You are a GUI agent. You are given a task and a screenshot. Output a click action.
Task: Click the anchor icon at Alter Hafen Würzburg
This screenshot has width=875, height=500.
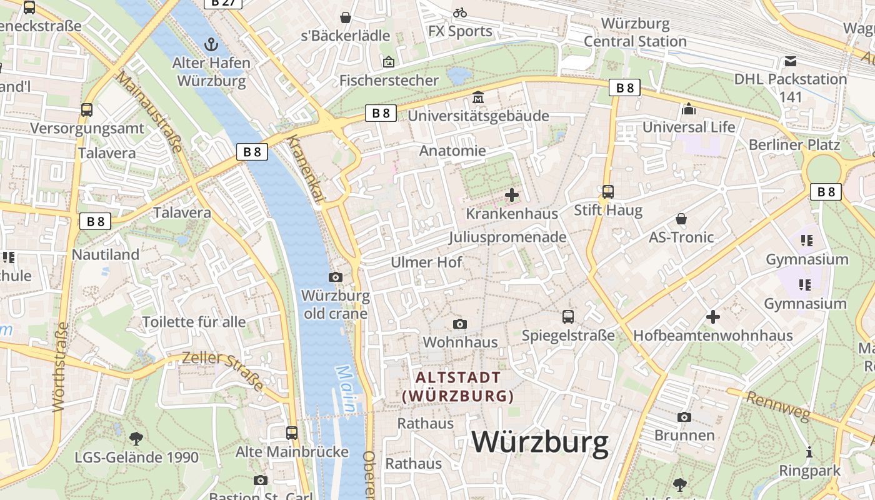click(x=211, y=44)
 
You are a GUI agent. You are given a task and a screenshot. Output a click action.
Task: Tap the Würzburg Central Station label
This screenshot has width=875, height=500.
click(x=635, y=32)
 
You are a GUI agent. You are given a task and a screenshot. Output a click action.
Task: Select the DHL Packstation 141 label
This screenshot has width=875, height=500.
click(x=790, y=87)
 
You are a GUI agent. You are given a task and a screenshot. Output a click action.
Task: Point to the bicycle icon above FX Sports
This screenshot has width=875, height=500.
click(x=460, y=12)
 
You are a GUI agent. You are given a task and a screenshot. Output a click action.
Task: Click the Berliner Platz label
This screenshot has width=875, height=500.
click(x=794, y=144)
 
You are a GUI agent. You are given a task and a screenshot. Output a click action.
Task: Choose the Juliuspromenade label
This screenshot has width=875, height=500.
click(x=507, y=237)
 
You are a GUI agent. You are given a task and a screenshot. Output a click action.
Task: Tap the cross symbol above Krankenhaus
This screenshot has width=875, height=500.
click(x=511, y=195)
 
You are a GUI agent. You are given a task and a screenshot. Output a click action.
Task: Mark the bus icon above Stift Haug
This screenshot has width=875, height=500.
click(x=607, y=192)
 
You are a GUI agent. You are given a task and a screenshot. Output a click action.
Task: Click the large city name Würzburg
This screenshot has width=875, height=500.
click(x=540, y=442)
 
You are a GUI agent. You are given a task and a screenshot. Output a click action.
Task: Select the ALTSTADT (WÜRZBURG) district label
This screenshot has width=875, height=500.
click(x=458, y=386)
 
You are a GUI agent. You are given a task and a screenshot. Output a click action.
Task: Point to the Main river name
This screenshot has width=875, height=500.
click(x=346, y=389)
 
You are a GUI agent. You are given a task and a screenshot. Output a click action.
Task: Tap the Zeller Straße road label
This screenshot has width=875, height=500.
click(x=222, y=370)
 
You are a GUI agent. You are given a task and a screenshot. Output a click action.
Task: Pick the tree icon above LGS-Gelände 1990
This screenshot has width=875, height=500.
click(x=136, y=438)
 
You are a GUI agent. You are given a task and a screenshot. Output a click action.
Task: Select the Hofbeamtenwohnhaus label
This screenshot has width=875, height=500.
click(x=712, y=336)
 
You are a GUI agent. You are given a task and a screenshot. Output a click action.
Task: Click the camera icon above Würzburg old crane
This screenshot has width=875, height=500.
click(x=336, y=277)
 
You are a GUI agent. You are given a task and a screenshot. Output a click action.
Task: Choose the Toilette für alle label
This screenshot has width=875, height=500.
click(x=194, y=322)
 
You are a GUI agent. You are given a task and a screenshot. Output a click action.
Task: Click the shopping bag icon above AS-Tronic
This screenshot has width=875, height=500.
click(x=681, y=219)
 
